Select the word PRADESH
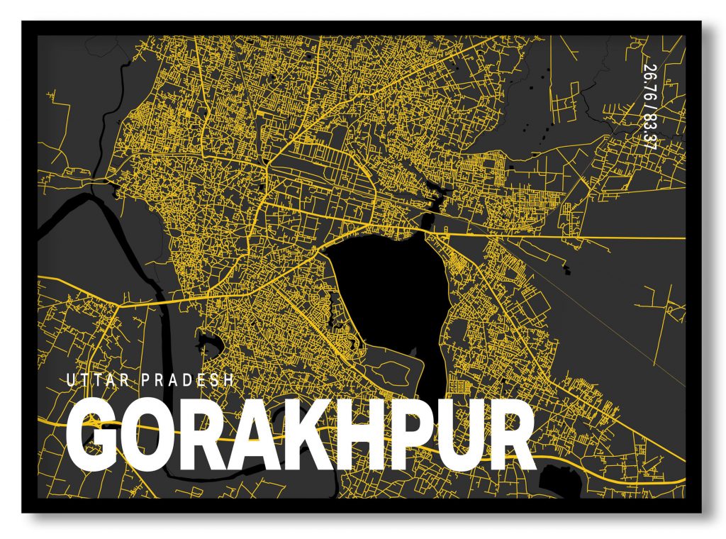(x=188, y=380)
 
